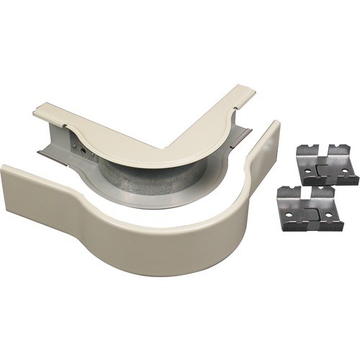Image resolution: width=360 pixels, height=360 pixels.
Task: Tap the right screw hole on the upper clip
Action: coord(345,171)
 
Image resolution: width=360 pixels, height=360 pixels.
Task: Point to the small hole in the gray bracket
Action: coord(84,150)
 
